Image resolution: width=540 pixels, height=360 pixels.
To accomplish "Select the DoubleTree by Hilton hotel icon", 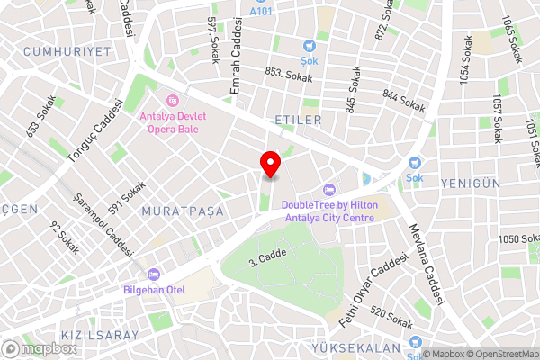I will [x=328, y=190].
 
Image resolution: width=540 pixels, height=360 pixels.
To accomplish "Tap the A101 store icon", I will [x=261, y=3].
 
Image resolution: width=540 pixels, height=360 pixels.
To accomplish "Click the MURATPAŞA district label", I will [x=175, y=211].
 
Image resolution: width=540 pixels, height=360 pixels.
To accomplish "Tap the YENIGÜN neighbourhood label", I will [x=471, y=184].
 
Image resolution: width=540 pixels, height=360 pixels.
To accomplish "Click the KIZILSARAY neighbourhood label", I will [x=101, y=335].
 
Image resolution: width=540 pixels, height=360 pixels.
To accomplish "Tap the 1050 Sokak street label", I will [x=517, y=238].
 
